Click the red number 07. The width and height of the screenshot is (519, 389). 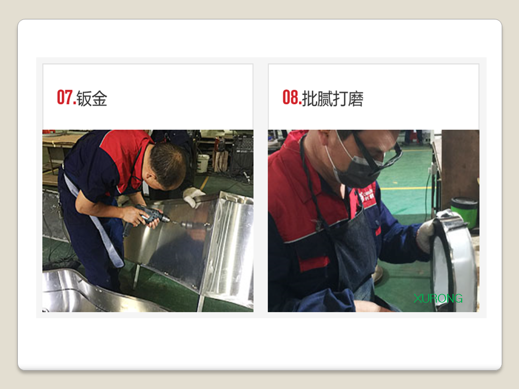(x=66, y=97)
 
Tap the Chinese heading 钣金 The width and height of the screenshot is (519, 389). (x=92, y=98)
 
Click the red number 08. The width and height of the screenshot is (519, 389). (x=291, y=97)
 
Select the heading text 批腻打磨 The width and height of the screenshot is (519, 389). (x=332, y=98)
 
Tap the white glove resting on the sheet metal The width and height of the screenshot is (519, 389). (x=194, y=197)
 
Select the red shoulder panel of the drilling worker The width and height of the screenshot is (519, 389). (x=124, y=156)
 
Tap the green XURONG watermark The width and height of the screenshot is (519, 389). (x=438, y=298)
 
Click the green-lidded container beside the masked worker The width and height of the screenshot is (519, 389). (x=464, y=212)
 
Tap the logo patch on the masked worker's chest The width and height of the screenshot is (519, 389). (x=368, y=195)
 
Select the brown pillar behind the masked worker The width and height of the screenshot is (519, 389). (x=460, y=165)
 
